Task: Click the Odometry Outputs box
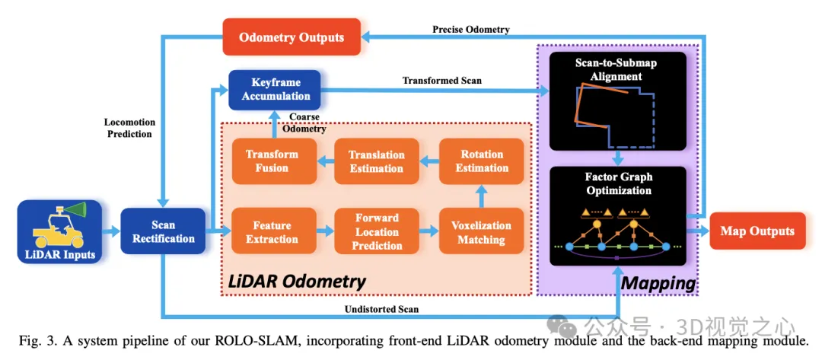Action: point(292,37)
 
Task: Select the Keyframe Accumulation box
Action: point(276,89)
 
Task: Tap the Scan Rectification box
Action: point(163,231)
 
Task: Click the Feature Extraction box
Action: point(272,232)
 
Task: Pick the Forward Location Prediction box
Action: point(377,232)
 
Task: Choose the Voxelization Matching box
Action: point(481,232)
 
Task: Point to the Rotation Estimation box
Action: point(481,161)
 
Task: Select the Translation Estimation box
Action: point(377,161)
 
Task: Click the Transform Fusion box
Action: point(272,161)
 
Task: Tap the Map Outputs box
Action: point(757,231)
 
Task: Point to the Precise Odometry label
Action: point(471,30)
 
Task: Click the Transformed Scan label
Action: point(441,80)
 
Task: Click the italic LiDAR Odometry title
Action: point(297,282)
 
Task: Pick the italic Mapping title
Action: point(658,284)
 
